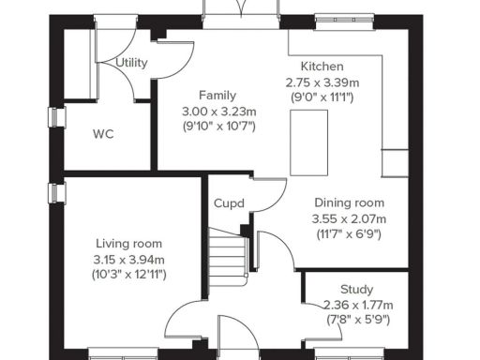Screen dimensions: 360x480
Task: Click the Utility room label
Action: point(131,62)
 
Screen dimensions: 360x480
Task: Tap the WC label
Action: point(103,134)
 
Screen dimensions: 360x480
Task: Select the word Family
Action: point(217,96)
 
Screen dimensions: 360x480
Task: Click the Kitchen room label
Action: point(322,67)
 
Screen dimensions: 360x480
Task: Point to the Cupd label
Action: point(229,203)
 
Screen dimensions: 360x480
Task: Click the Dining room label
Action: point(349,203)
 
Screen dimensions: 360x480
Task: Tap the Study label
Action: point(356,290)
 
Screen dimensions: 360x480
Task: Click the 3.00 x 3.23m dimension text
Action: point(217,111)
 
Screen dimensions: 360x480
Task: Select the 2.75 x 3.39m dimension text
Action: point(322,82)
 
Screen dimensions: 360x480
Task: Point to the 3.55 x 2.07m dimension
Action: point(349,218)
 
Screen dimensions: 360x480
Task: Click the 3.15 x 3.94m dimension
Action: point(128,260)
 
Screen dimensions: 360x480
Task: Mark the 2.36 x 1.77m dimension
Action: point(356,305)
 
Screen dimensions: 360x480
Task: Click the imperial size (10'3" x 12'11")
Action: point(128,275)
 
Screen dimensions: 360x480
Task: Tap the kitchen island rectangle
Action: point(304,137)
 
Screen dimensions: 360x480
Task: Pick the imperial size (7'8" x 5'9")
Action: point(356,320)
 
